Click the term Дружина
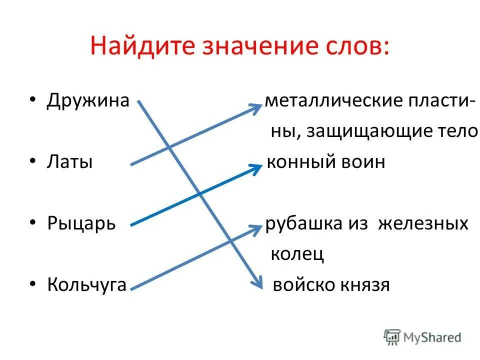click(88, 100)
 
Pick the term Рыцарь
click(81, 222)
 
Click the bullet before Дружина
click(32, 100)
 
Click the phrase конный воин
click(326, 162)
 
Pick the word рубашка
click(303, 223)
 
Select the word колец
click(297, 253)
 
